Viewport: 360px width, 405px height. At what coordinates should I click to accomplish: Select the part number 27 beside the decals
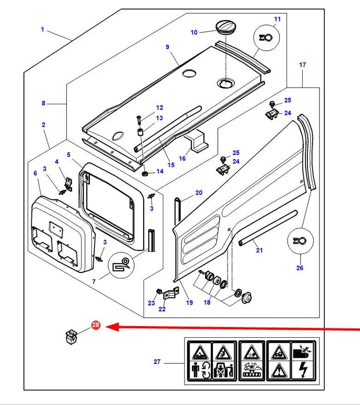(x=157, y=362)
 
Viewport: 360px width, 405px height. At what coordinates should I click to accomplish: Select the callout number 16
(x=182, y=158)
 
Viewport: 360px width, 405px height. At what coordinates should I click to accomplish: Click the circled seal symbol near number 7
(x=121, y=264)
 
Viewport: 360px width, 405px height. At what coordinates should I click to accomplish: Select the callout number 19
(x=189, y=303)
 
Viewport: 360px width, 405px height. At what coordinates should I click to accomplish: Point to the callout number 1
(x=42, y=30)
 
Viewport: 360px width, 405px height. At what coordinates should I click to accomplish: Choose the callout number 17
(x=302, y=65)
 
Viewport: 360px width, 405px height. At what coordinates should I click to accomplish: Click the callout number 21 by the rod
(x=259, y=250)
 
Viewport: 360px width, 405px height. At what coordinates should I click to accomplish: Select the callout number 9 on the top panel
(x=168, y=47)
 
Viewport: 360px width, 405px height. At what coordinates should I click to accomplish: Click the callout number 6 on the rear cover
(x=35, y=173)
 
